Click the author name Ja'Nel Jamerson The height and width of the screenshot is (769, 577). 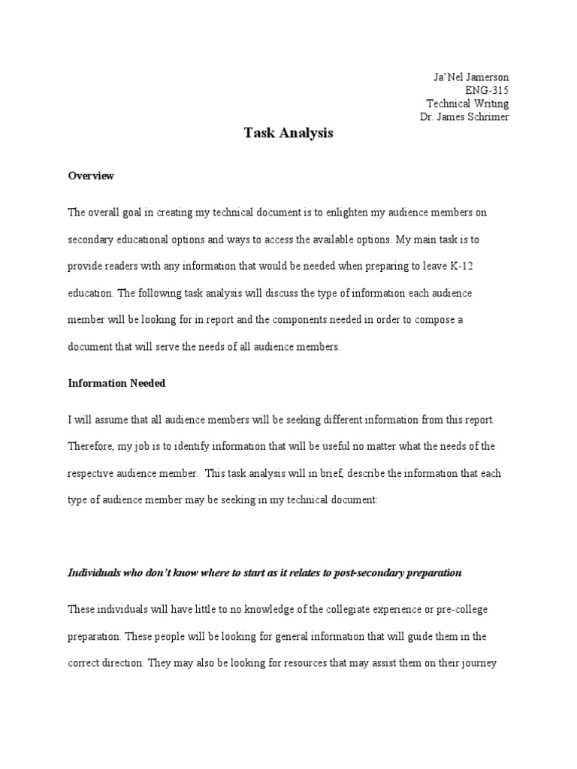point(471,77)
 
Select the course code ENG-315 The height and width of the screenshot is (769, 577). point(488,91)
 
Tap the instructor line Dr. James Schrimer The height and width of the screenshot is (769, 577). point(464,117)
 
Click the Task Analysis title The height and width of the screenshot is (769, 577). point(288,134)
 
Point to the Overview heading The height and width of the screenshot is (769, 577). point(91,176)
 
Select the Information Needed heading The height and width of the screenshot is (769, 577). point(116,383)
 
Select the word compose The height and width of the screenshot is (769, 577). point(420,320)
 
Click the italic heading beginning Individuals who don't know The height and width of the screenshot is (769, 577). point(264,572)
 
